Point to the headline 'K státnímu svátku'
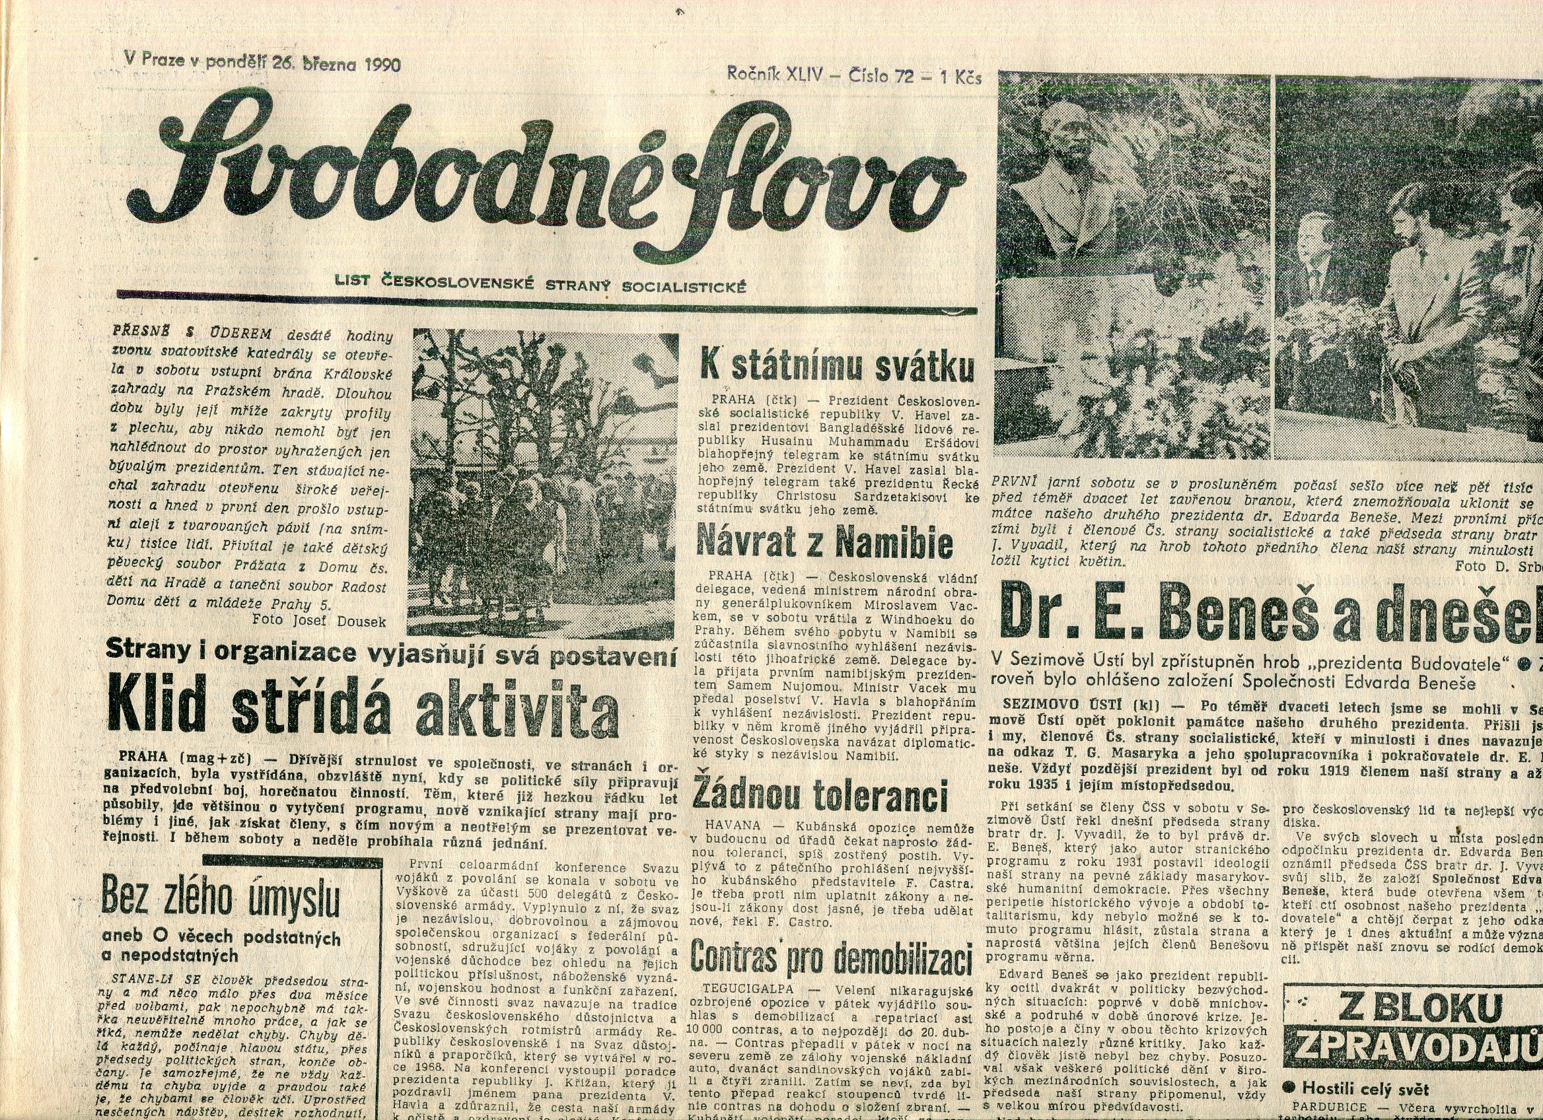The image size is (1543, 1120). [x=837, y=368]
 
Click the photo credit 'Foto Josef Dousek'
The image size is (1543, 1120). [x=318, y=620]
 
